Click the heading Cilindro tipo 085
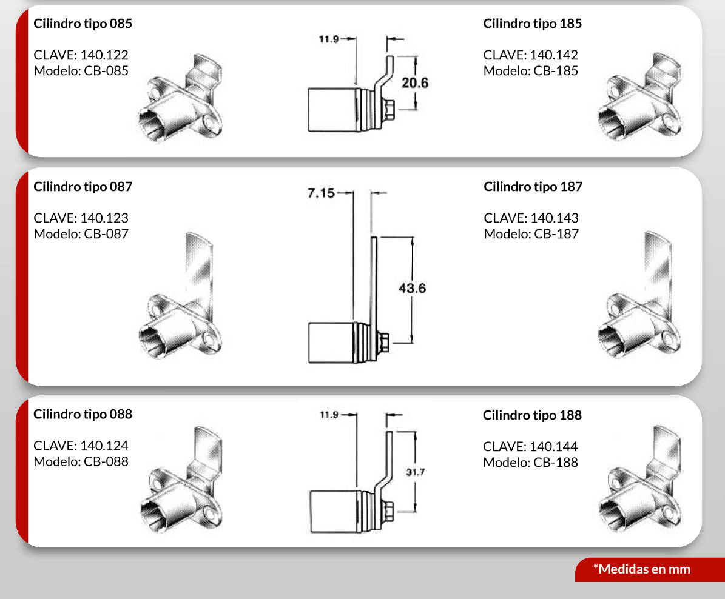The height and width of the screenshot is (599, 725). pos(83,24)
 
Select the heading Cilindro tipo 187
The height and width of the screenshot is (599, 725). pos(533,187)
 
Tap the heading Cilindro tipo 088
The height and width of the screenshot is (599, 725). pos(83,414)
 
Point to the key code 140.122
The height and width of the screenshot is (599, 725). pos(104,55)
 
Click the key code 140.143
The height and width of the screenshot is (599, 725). pos(555,218)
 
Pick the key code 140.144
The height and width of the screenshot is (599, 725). pos(553,446)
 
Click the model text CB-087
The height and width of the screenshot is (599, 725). pos(106,234)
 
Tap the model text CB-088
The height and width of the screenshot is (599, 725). pos(106,461)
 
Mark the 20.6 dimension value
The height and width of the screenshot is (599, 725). pos(415,83)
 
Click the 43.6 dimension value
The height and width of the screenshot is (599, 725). pos(413,289)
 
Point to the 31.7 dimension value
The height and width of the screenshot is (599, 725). pos(415,472)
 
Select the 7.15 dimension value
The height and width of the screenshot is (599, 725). pos(322,193)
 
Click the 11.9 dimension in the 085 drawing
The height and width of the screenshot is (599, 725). pos(329,39)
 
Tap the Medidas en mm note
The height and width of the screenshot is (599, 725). pos(642,569)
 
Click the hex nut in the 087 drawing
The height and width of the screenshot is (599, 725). pos(383,343)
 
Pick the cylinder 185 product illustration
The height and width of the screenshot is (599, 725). pos(639,96)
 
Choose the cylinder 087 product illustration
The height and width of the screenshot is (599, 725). pos(180,295)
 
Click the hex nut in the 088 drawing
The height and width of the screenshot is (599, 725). pos(388,511)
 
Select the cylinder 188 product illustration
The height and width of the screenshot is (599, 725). pos(641,479)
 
